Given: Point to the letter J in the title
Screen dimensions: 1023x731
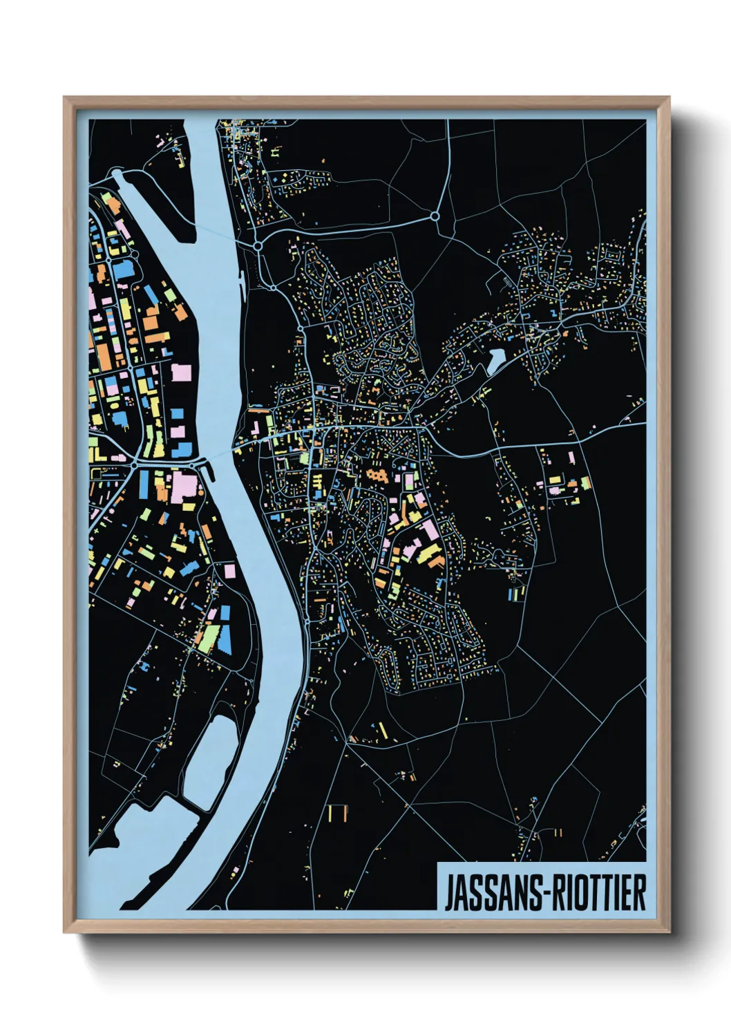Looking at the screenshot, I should click(448, 894).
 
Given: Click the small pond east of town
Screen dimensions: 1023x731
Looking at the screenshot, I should click(496, 360).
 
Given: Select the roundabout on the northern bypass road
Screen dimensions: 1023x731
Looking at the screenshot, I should click(435, 216).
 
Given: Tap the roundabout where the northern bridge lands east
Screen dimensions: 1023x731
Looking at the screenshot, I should click(258, 245).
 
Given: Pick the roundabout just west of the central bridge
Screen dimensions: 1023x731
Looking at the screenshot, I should click(135, 464).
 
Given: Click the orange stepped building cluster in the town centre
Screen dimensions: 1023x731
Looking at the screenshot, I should click(377, 475).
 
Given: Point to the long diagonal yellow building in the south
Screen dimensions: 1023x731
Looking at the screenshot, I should click(381, 731).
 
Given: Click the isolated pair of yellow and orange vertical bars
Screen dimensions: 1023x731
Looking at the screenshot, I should click(337, 814).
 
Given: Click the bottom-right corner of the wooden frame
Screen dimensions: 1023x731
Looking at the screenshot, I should click(668, 931).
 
